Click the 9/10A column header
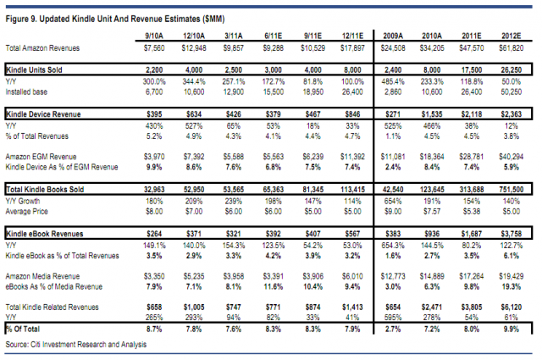click(x=154, y=36)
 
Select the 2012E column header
click(x=511, y=36)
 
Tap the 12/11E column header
click(x=352, y=36)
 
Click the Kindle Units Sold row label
click(x=34, y=69)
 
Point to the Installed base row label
click(x=26, y=92)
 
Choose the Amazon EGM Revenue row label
click(x=41, y=157)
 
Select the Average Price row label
click(x=26, y=211)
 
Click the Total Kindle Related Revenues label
click(x=52, y=307)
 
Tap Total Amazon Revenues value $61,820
click(x=511, y=48)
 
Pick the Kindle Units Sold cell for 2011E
click(x=472, y=69)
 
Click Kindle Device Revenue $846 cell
click(x=352, y=114)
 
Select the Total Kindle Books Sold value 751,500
click(x=511, y=189)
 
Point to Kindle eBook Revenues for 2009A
click(x=393, y=234)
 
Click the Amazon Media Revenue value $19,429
click(x=511, y=276)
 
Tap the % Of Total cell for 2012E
click(x=511, y=330)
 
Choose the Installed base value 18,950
click(x=312, y=92)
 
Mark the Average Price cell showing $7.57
click(x=432, y=211)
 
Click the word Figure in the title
click(x=17, y=19)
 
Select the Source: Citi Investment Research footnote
click(x=76, y=345)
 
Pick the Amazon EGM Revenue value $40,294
click(x=511, y=157)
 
